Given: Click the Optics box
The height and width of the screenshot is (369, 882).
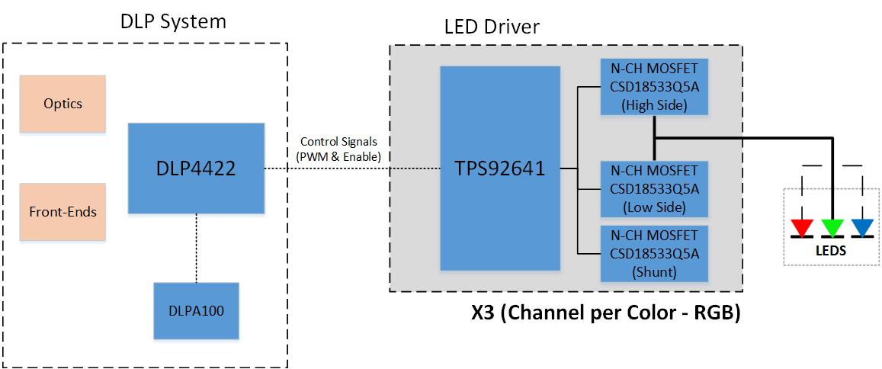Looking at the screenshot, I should (63, 104).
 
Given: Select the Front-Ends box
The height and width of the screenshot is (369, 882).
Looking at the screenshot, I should (63, 212).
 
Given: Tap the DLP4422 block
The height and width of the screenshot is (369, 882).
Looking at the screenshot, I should (196, 168).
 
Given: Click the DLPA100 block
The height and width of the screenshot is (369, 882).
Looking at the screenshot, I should (196, 310).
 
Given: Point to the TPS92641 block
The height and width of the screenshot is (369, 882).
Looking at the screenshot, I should (500, 168).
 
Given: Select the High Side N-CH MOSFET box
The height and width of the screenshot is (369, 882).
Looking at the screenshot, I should (654, 87).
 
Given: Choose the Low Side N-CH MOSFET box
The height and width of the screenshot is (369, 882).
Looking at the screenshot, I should (654, 188).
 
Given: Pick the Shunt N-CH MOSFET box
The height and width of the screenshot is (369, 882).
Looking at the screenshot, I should (654, 253).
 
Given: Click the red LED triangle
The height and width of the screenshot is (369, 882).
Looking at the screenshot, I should (802, 227).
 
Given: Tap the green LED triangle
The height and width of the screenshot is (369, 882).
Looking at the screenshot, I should (832, 227).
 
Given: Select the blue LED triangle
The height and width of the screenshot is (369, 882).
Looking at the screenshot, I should (862, 227).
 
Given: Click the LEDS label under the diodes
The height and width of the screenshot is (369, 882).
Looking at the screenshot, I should (831, 250).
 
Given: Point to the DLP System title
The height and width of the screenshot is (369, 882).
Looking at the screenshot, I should (173, 21).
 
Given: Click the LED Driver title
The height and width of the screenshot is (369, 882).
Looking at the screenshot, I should (492, 27).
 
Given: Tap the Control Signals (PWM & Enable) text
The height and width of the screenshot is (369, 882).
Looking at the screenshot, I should (338, 149).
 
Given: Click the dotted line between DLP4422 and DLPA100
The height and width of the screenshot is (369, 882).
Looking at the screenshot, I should (196, 248).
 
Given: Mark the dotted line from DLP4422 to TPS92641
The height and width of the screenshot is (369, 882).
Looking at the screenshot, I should (351, 168).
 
